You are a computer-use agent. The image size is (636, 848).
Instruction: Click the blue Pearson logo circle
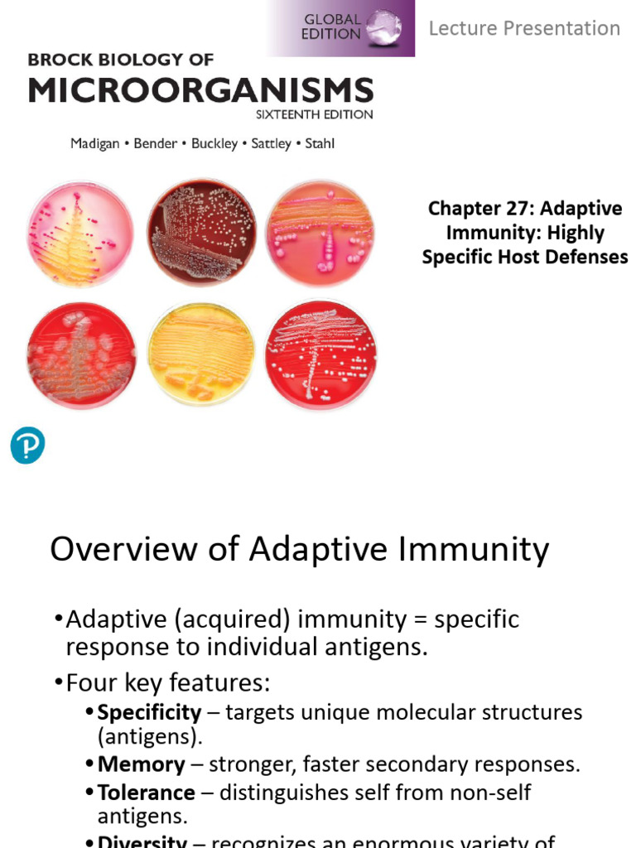click(27, 446)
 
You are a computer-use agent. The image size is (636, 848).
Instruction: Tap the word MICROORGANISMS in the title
click(200, 89)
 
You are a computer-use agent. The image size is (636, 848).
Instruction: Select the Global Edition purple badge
click(341, 28)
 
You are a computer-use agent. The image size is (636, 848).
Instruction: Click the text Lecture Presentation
click(523, 28)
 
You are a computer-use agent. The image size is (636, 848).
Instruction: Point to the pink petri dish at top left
click(79, 234)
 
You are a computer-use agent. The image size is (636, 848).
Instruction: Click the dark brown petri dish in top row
click(201, 232)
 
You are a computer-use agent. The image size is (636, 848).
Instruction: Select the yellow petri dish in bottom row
click(201, 354)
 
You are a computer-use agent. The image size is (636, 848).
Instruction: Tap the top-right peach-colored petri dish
click(320, 234)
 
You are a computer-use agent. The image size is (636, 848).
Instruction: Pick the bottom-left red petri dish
click(79, 354)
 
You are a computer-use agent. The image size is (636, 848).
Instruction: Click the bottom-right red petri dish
click(320, 354)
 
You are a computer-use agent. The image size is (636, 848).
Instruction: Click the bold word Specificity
click(149, 712)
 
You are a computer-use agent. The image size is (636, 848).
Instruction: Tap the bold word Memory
click(141, 764)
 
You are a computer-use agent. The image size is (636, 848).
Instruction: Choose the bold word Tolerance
click(146, 793)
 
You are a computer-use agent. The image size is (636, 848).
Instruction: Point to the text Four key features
click(168, 683)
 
